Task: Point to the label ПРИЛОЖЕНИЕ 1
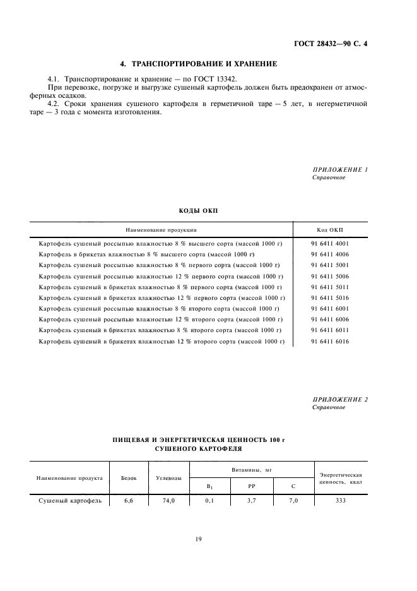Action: (340, 170)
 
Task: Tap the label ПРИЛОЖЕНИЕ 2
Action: (340, 400)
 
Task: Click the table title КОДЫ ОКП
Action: (198, 210)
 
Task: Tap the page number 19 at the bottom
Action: (198, 539)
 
